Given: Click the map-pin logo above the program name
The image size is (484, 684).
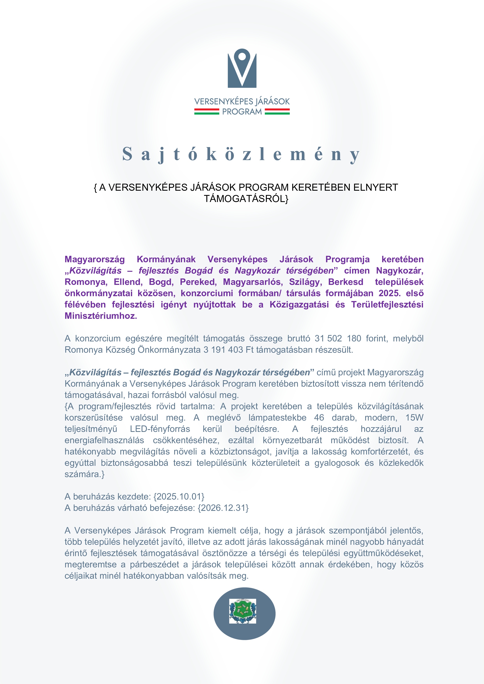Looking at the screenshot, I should [x=242, y=68].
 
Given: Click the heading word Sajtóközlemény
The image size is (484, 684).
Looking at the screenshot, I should [x=241, y=154].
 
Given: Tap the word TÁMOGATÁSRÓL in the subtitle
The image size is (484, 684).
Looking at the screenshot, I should [x=245, y=199].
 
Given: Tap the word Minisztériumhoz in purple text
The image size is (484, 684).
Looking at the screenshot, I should [x=100, y=316].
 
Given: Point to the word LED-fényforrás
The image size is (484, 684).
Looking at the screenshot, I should [x=160, y=429].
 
